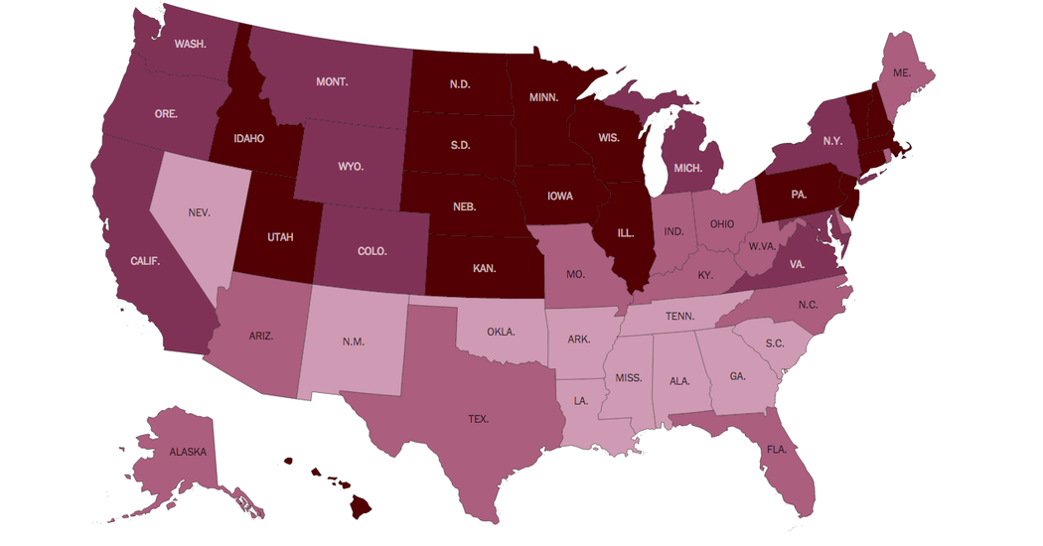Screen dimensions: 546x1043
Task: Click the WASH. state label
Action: tap(190, 44)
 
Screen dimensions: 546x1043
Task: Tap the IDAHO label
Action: tap(248, 138)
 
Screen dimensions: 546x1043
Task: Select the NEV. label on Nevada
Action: tap(199, 211)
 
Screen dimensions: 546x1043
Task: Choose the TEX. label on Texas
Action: tap(479, 419)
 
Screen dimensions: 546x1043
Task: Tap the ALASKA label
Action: tap(188, 452)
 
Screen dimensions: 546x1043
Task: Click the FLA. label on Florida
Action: tap(776, 449)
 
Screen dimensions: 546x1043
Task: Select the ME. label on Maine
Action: tap(902, 72)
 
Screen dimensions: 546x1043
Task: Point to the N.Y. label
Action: tap(832, 141)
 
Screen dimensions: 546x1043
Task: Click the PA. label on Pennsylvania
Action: tap(799, 195)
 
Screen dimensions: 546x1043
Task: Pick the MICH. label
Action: tap(688, 168)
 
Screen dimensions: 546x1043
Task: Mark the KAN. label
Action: tap(485, 268)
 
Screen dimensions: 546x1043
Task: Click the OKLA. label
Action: tap(501, 332)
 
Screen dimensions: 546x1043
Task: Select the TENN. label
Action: tap(679, 317)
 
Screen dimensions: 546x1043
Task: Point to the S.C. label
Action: tap(776, 343)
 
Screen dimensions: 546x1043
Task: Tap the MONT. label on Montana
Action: tap(332, 81)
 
